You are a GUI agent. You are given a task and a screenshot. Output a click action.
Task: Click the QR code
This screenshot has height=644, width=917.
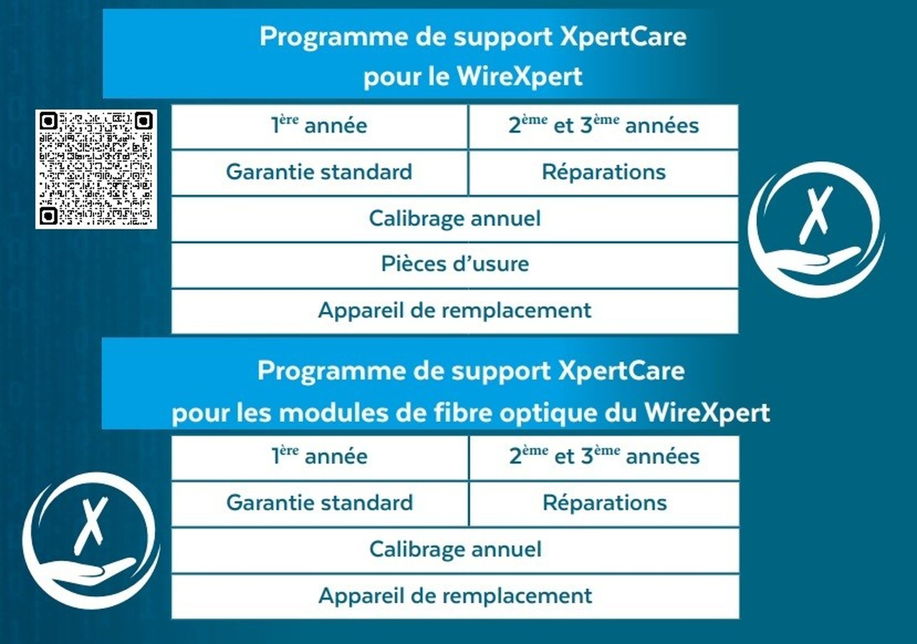pyautogui.click(x=96, y=169)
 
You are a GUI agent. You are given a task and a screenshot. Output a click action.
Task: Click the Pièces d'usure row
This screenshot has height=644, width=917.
pyautogui.click(x=455, y=264)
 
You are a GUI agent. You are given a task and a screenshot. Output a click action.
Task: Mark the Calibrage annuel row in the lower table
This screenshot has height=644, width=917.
pyautogui.click(x=455, y=550)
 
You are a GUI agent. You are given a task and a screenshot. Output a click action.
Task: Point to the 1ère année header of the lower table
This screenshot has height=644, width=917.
pyautogui.click(x=320, y=458)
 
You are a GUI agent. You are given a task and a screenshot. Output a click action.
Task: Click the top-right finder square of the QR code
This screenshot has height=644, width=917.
pyautogui.click(x=143, y=121)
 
